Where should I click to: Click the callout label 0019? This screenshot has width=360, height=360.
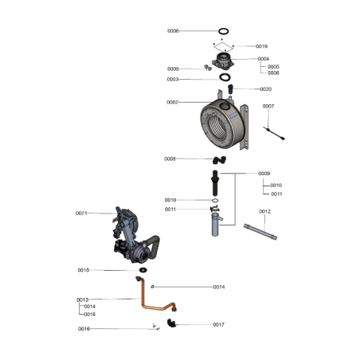pos(261,46)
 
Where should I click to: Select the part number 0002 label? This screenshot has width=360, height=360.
pos(172,102)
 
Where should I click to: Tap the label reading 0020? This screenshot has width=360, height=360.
pos(266,89)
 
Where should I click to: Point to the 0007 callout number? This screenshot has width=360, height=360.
pos(268,106)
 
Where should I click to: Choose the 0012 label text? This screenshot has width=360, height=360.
pos(264,212)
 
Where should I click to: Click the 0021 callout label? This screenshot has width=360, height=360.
pos(81,213)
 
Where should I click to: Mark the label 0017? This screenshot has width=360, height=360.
pos(219,324)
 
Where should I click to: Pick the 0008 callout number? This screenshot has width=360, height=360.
pos(170,158)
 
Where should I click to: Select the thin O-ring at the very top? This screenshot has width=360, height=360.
pos(224,31)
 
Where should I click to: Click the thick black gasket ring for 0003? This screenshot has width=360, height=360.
pos(225,77)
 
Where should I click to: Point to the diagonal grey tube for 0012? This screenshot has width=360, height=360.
pos(260,232)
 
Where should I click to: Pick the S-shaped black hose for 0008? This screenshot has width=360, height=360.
pos(219,160)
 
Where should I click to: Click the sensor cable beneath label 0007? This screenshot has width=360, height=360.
pos(274,134)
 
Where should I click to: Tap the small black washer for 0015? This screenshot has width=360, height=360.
pos(143,270)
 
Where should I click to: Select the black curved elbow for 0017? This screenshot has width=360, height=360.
pos(171,323)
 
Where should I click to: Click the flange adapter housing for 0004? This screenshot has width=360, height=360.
pos(223,61)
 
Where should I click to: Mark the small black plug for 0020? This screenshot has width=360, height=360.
pos(230,89)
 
